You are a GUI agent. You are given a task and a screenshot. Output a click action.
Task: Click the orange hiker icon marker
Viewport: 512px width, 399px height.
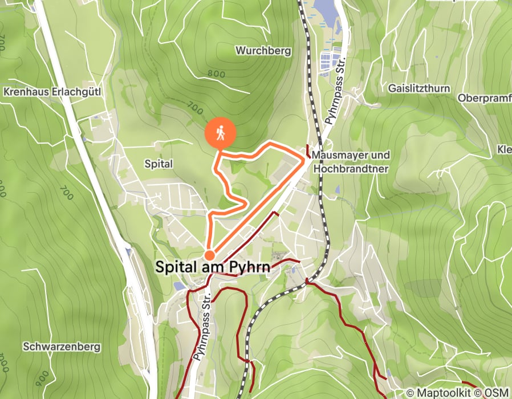[220, 134]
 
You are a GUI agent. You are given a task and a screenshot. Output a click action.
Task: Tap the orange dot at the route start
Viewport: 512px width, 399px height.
[210, 255]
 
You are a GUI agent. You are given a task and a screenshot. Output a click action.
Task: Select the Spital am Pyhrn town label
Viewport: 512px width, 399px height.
[221, 267]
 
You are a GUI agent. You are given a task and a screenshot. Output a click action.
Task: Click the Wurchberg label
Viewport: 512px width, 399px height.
[263, 51]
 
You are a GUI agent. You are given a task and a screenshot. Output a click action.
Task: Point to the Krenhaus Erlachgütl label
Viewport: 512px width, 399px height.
[52, 91]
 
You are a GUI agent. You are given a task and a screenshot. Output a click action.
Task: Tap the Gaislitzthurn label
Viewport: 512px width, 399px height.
[418, 88]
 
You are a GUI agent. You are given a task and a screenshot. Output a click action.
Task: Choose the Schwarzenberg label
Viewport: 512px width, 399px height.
[62, 347]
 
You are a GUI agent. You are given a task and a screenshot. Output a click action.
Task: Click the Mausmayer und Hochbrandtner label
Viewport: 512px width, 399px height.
[351, 162]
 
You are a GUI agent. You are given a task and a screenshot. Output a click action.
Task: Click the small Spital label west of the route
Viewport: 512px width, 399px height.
[159, 164]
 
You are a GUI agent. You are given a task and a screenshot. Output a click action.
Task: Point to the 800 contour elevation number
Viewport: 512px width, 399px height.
[217, 74]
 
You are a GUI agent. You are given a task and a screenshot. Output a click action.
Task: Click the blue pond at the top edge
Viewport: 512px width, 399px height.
[323, 9]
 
